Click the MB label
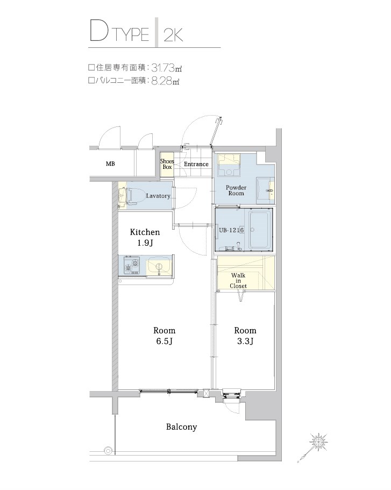pos(110,164)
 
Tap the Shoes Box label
pos(167,164)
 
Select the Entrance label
pos(196,164)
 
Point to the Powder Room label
pos(236,190)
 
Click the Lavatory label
pos(158,196)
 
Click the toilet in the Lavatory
pos(131,195)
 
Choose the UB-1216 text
pos(232,230)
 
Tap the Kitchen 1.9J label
pos(145,237)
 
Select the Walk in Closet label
pos(238,280)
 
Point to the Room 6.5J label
pos(164,336)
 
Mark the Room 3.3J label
pos(245,336)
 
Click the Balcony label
pos(181,427)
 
